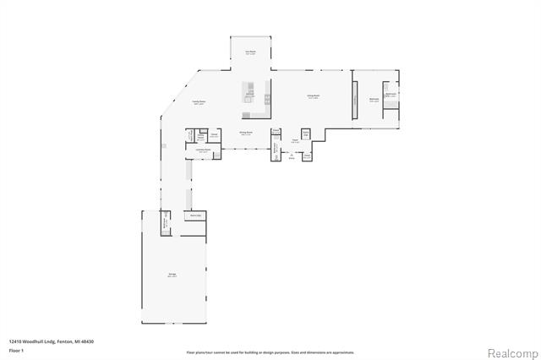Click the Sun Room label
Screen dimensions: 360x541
point(250,52)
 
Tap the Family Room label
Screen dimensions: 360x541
point(199,102)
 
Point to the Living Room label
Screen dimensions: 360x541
point(312,97)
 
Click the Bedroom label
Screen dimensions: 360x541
point(373,100)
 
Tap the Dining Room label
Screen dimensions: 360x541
point(246,134)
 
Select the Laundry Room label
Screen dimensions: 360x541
point(204,150)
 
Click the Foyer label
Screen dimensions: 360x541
point(296,140)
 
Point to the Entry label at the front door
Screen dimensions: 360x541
point(292,158)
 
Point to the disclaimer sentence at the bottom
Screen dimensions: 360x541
point(270,352)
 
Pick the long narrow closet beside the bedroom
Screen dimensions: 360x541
point(355,100)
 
